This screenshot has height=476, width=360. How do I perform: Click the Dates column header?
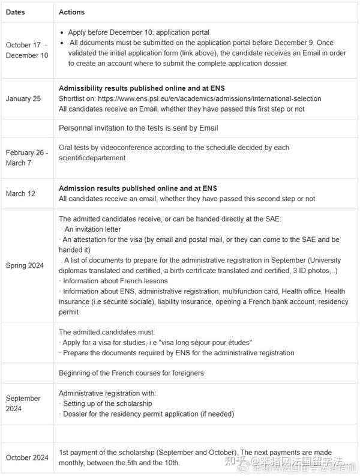point(15,12)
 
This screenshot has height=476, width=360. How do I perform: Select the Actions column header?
point(71,12)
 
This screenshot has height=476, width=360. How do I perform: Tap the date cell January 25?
point(23,98)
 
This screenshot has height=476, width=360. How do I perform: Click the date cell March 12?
point(21,194)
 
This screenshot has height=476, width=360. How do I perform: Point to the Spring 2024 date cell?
point(25,265)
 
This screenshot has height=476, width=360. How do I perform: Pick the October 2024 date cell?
point(27,457)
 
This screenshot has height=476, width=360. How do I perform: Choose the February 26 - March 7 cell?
point(27,158)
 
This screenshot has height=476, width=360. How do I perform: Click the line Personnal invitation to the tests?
point(139,128)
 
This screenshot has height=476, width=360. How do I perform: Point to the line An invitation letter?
point(91,229)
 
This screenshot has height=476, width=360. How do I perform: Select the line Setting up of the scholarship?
point(107,404)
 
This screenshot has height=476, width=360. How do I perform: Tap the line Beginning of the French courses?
point(131,373)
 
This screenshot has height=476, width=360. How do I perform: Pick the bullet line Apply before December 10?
point(139,32)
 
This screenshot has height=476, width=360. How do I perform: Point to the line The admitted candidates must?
point(107,331)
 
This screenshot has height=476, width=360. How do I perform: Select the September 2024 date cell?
point(23,403)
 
